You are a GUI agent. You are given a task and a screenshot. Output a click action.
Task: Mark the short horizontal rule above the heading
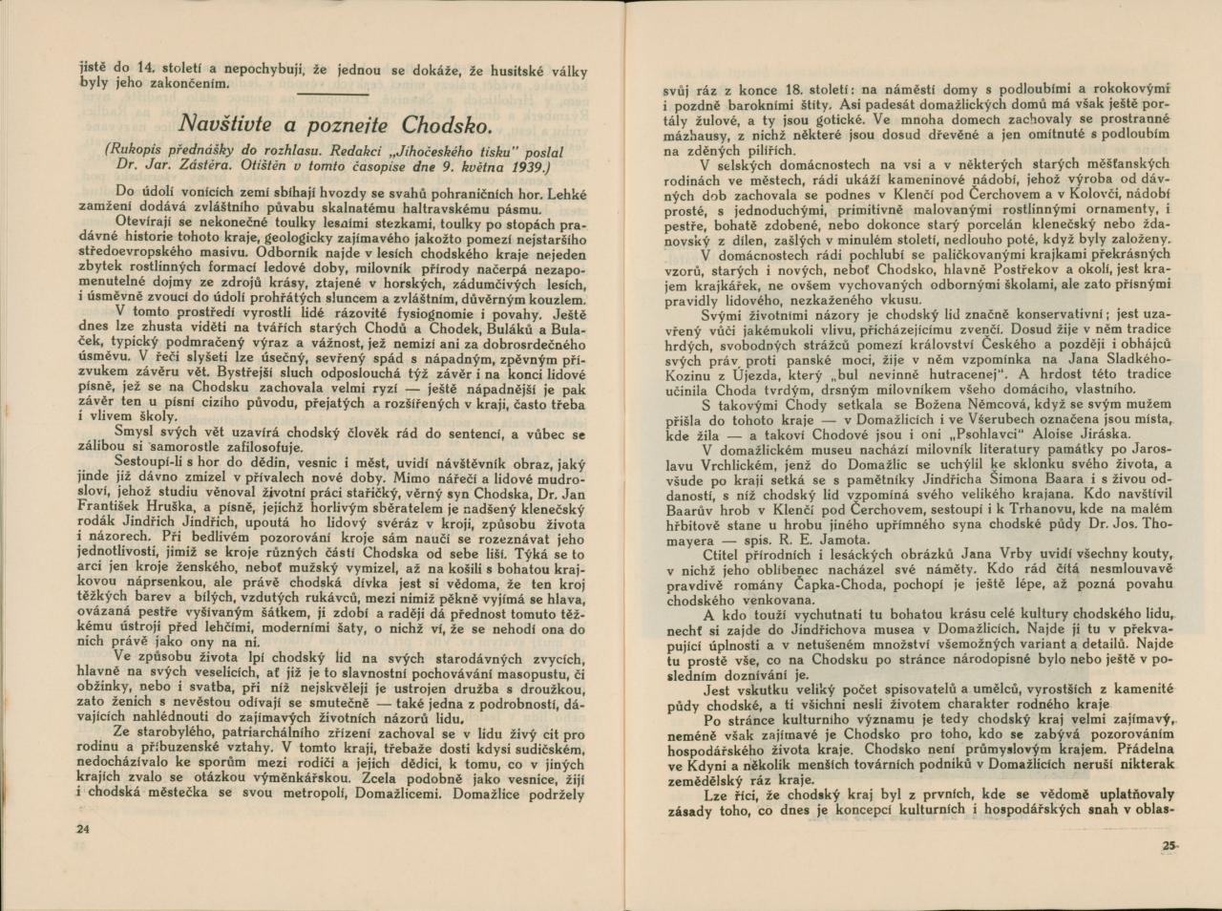[331, 95]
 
